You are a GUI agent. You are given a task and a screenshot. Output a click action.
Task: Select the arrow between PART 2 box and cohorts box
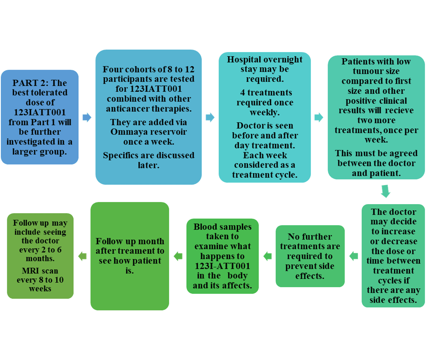[87, 117]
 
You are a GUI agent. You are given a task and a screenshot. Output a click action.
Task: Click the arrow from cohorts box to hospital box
[210, 117]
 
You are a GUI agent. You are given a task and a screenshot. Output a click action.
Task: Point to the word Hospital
[244, 59]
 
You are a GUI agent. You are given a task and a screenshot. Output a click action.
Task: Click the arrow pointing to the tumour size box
[319, 117]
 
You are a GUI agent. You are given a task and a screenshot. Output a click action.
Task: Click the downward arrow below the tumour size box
[385, 191]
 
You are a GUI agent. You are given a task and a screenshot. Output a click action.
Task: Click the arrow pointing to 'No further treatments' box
[353, 256]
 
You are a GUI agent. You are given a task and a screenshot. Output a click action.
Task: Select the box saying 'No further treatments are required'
[310, 256]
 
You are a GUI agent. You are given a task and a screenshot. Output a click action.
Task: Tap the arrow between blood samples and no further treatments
[267, 256]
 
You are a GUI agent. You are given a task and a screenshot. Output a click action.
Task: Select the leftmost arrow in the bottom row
[82, 256]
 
